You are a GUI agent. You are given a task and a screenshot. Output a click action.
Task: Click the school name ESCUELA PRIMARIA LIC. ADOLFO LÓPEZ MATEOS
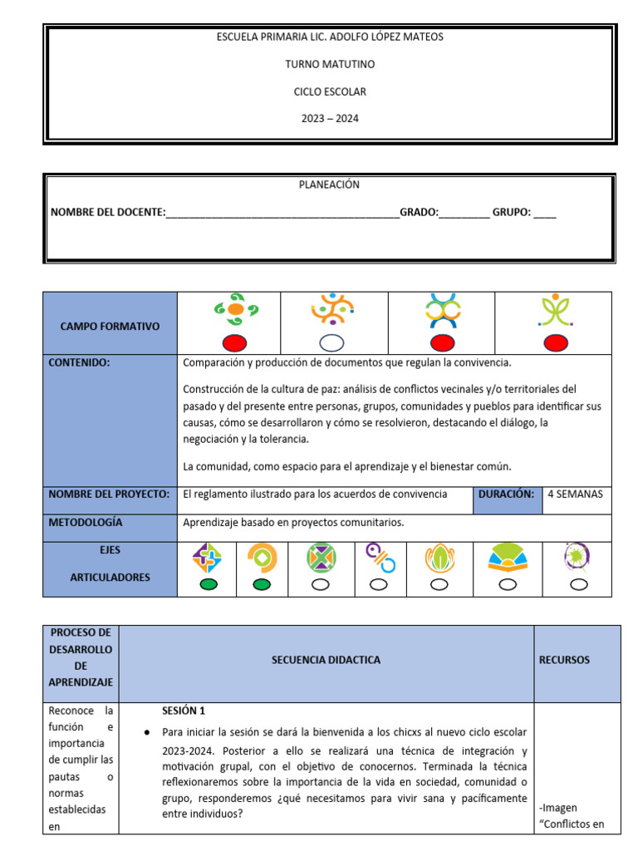(x=330, y=37)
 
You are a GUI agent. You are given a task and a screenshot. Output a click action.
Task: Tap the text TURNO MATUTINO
(x=330, y=64)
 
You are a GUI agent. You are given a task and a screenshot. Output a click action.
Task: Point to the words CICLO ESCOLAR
(x=330, y=91)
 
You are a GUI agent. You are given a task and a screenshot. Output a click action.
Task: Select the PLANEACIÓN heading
(x=330, y=184)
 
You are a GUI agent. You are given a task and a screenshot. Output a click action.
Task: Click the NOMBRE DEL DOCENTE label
(x=108, y=213)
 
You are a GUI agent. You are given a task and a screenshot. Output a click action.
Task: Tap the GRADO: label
(x=420, y=213)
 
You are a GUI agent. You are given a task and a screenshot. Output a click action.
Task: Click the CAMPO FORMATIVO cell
(x=110, y=327)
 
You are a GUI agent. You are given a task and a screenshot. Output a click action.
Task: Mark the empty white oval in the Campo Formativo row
(x=332, y=342)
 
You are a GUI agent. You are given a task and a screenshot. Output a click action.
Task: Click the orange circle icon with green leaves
(x=235, y=309)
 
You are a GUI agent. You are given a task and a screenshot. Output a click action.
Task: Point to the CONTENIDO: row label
(x=80, y=362)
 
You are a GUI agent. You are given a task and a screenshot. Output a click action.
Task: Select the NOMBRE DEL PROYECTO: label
(x=109, y=494)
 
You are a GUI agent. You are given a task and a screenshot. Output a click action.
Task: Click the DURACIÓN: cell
(x=506, y=494)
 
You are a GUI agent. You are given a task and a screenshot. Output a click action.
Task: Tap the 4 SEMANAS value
(x=576, y=494)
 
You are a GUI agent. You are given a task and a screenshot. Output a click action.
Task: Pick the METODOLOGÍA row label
(x=86, y=522)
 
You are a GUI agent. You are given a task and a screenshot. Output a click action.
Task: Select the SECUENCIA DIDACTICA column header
(x=326, y=660)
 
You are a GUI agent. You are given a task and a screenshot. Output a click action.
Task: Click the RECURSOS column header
(x=564, y=660)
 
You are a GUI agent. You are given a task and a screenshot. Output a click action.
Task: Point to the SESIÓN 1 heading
(x=184, y=711)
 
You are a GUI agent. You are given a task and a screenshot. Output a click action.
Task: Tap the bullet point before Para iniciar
(x=146, y=732)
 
